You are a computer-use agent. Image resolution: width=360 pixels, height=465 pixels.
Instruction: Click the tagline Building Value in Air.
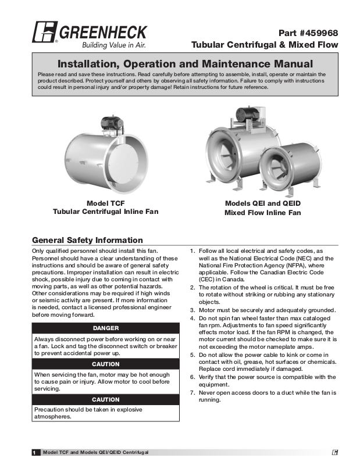(x=113, y=45)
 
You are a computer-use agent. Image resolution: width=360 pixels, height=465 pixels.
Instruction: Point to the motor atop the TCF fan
(x=110, y=123)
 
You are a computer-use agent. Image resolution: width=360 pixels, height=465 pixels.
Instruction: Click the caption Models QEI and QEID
(x=262, y=203)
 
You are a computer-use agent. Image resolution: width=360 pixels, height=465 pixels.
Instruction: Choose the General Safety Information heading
(x=87, y=240)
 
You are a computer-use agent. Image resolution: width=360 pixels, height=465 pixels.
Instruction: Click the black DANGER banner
(x=105, y=328)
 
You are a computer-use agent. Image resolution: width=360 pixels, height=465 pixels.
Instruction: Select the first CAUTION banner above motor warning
(x=105, y=364)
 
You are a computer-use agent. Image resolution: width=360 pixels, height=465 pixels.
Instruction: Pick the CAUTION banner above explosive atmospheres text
(x=105, y=400)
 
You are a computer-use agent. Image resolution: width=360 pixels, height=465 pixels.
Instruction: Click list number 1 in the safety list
(x=193, y=251)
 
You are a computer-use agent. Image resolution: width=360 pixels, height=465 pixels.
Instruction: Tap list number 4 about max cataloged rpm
(x=193, y=319)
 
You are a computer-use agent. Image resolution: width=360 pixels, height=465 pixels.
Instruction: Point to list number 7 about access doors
(x=193, y=393)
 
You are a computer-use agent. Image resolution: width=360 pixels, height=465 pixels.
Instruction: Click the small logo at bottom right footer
(x=336, y=452)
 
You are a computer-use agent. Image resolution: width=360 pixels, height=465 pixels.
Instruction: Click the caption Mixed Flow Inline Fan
(x=262, y=213)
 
